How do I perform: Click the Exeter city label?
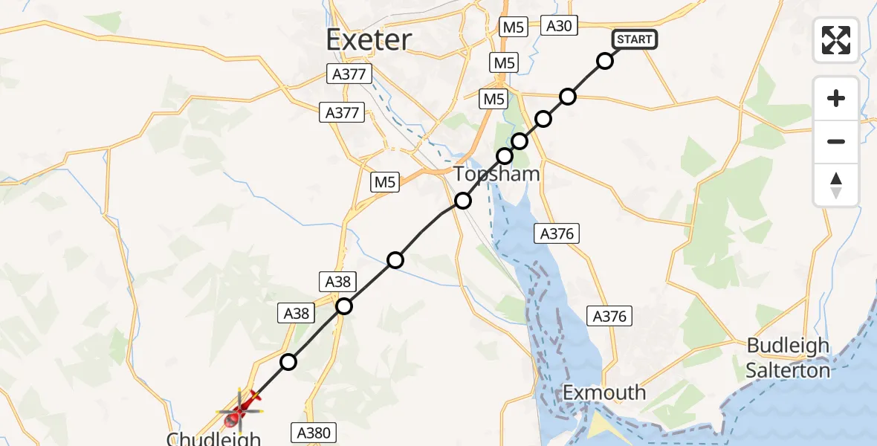point(369,39)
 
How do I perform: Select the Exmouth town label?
point(604,392)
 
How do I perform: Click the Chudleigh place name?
point(213,439)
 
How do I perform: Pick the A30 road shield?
point(559,26)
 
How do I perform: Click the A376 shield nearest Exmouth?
point(610,316)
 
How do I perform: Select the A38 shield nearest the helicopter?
point(297,313)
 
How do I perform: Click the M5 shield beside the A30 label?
point(513,28)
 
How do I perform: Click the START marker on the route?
point(634,39)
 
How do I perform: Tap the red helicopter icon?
point(241,407)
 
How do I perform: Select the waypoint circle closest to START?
point(605,61)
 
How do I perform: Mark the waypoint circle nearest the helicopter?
point(288,362)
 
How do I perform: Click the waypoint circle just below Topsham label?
point(463,201)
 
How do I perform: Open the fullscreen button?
point(836,39)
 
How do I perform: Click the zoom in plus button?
point(836,98)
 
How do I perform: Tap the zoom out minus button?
point(836,141)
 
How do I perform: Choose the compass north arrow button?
point(836,184)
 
